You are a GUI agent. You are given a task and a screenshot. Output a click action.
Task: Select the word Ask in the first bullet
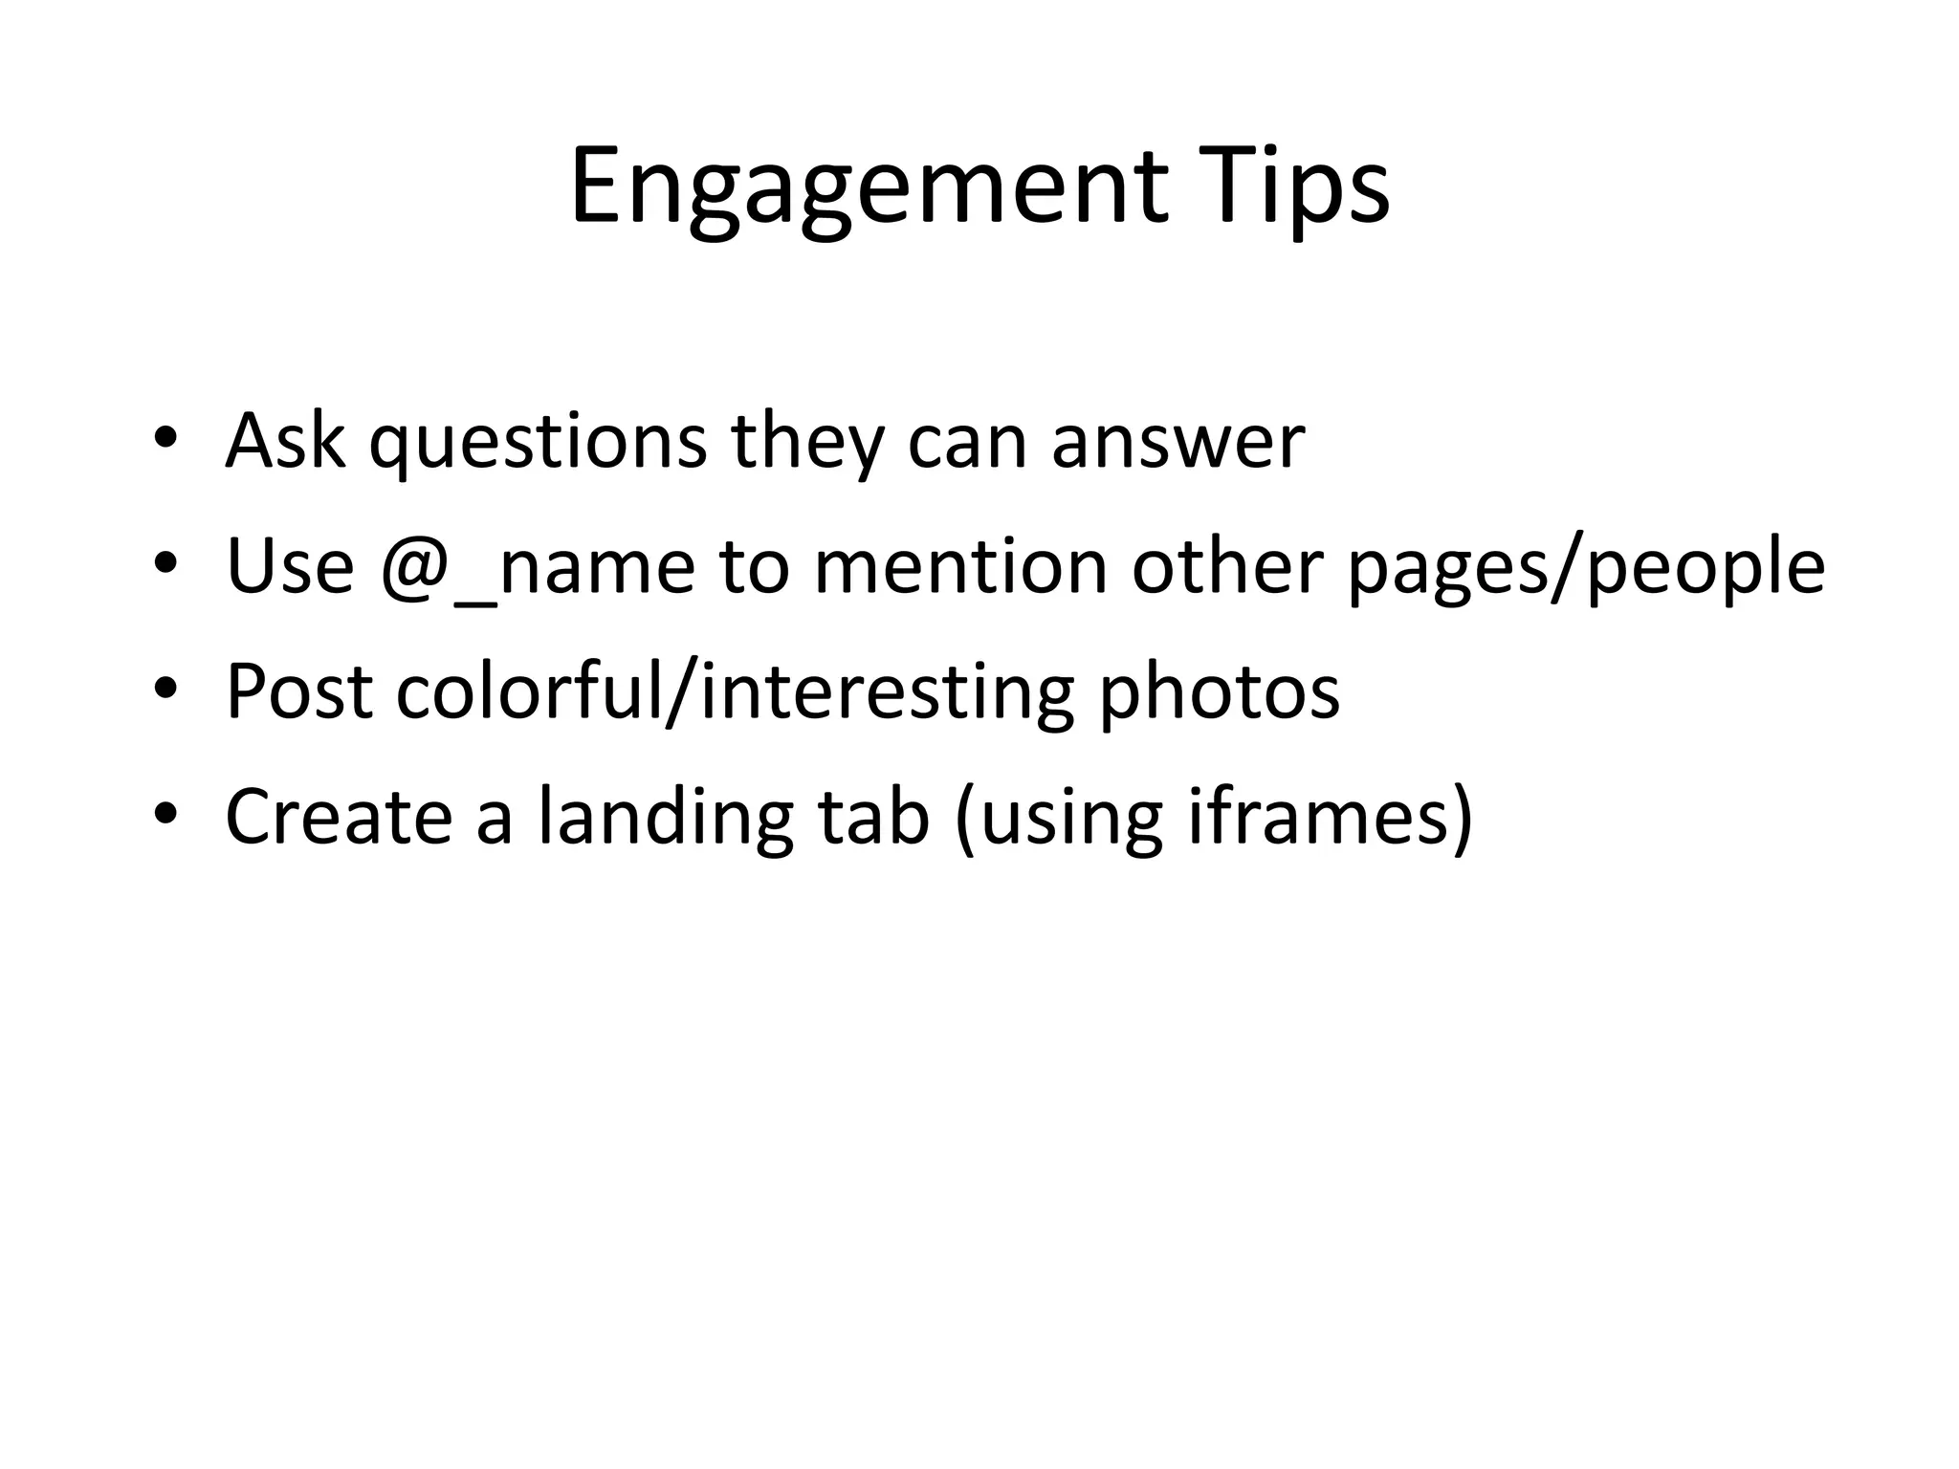coord(285,441)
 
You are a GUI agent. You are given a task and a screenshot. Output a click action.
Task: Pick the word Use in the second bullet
coord(290,566)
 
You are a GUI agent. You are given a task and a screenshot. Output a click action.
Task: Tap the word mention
coord(959,566)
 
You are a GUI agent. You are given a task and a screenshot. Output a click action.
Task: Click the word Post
coord(298,691)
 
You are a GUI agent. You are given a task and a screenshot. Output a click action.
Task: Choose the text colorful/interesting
coord(735,693)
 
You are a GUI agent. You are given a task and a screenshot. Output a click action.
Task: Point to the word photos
coord(1219,693)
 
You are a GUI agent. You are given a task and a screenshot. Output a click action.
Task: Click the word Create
coord(339,817)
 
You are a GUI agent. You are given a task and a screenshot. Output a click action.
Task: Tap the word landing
coord(664,819)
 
